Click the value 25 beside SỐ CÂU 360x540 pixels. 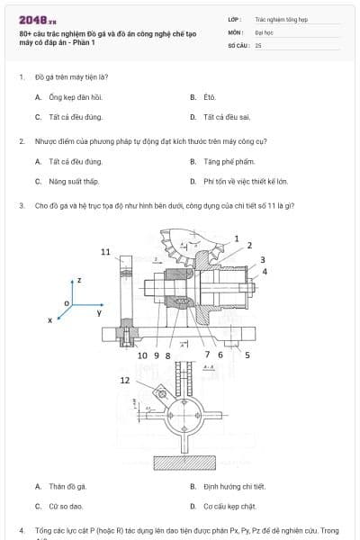pyautogui.click(x=258, y=45)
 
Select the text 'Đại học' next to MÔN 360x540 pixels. pyautogui.click(x=265, y=31)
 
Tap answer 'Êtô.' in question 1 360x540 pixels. pyautogui.click(x=209, y=96)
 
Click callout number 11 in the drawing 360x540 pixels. pyautogui.click(x=106, y=251)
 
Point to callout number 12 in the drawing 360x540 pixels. pyautogui.click(x=125, y=381)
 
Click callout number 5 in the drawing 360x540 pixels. pyautogui.click(x=247, y=355)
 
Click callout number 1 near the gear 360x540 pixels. pyautogui.click(x=237, y=238)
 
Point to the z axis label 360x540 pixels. pyautogui.click(x=80, y=281)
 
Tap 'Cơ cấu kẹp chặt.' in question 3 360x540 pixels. pyautogui.click(x=229, y=507)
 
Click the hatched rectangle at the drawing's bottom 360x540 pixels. pyautogui.click(x=190, y=463)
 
